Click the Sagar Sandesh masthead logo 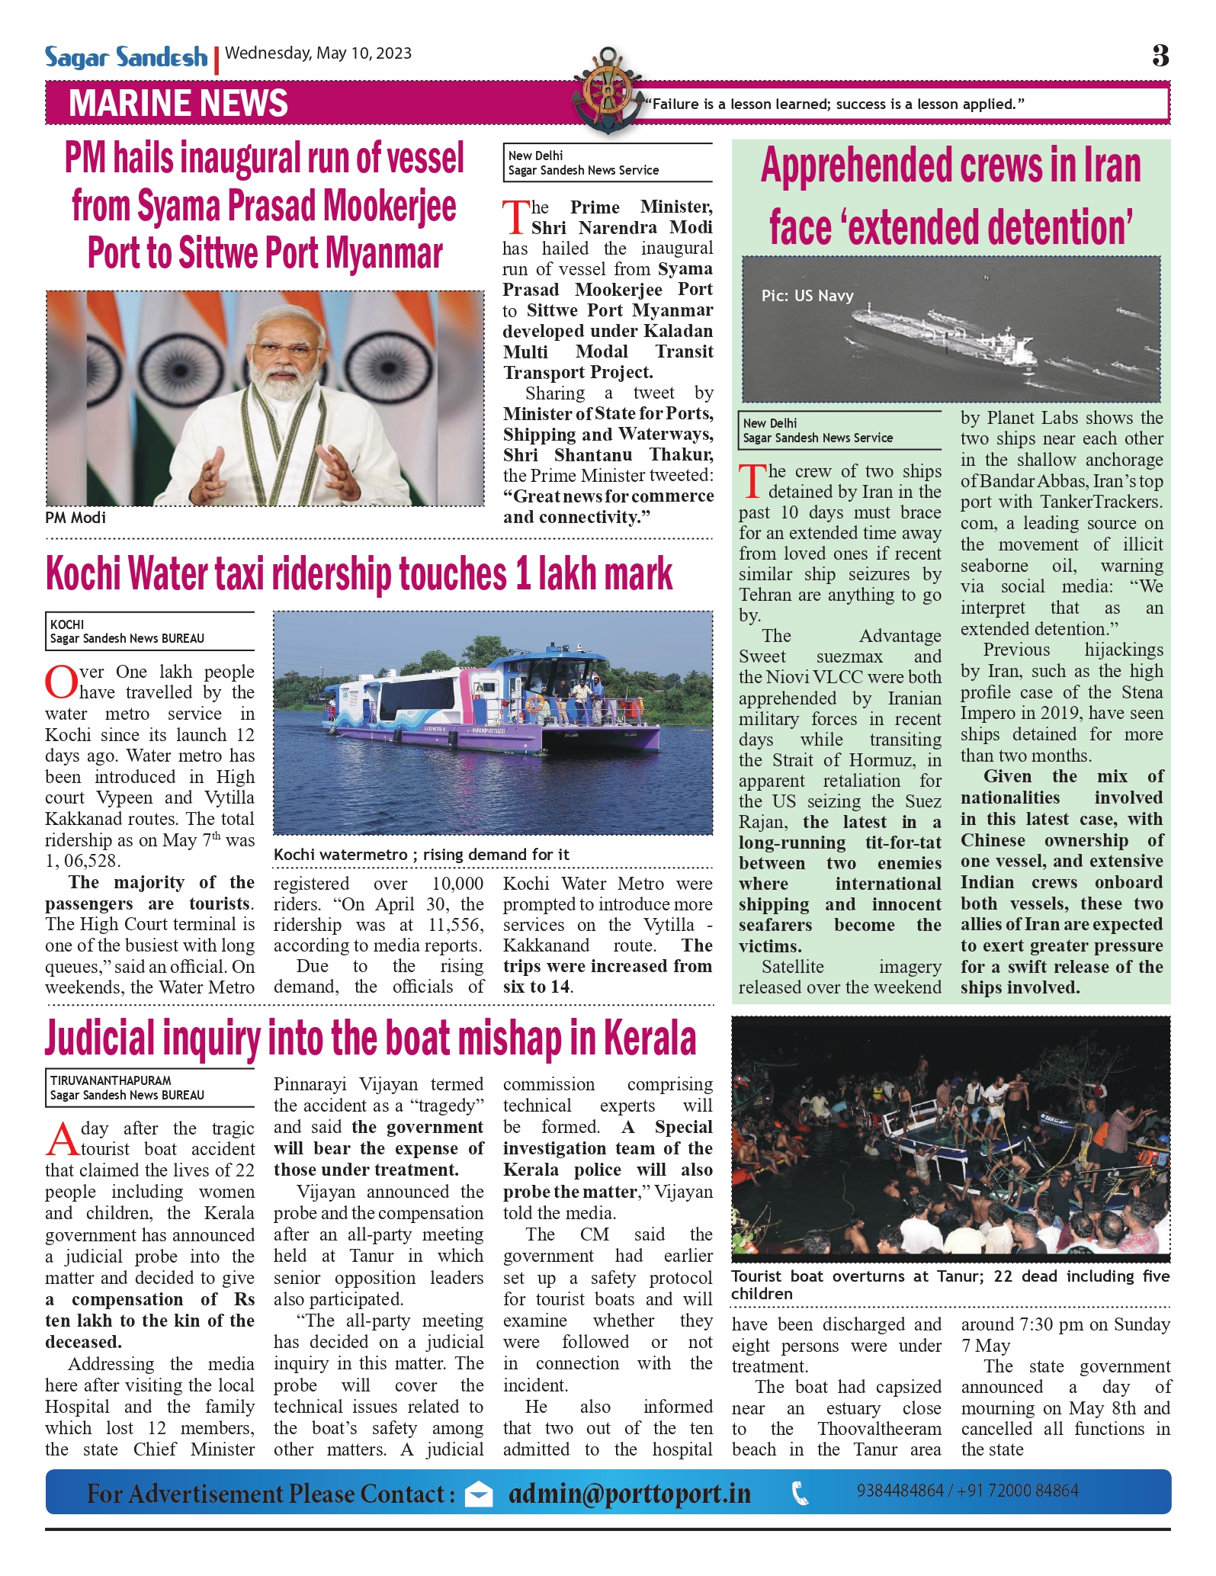(126, 57)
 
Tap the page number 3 (1160, 55)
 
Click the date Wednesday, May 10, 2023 (319, 53)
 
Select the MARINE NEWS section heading (178, 104)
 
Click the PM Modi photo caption (75, 518)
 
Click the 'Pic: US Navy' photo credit (807, 296)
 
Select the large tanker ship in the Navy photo (945, 335)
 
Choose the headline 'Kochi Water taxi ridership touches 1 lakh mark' (359, 574)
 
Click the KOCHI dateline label (67, 624)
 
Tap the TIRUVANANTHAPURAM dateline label (111, 1080)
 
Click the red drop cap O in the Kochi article (61, 682)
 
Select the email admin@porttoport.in (630, 1494)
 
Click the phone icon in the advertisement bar (801, 1494)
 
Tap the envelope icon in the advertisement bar (479, 1494)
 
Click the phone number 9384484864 (900, 1491)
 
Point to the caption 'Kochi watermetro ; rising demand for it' (422, 855)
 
